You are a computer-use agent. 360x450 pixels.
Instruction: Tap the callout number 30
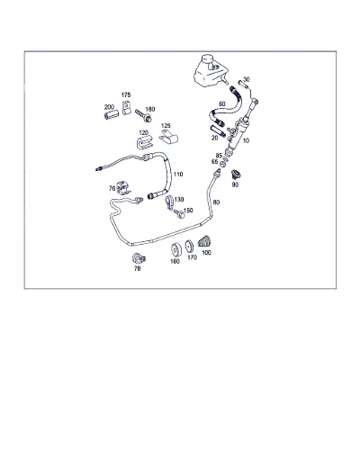(246, 79)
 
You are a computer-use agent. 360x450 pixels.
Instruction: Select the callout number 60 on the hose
(221, 104)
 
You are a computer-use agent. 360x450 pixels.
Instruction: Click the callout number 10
(246, 140)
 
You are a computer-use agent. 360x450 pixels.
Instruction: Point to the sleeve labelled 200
(112, 115)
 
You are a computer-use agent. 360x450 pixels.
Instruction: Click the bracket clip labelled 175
(126, 108)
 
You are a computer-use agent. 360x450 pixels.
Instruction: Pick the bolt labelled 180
(143, 116)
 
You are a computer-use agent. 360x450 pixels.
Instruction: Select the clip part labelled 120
(142, 142)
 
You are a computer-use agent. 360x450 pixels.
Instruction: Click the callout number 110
(178, 175)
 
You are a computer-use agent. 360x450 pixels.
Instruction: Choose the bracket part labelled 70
(123, 188)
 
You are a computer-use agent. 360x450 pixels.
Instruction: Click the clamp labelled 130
(168, 202)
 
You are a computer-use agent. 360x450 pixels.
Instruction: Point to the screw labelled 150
(179, 214)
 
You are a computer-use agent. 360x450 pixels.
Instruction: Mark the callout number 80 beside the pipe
(216, 202)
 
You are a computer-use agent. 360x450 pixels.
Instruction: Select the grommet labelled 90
(236, 175)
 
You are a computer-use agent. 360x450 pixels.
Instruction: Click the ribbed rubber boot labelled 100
(204, 242)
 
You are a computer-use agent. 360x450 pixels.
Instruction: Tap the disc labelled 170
(189, 247)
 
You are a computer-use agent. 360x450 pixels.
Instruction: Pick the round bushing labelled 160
(175, 249)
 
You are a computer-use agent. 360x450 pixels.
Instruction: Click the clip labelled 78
(139, 258)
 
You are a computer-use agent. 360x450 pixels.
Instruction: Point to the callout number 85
(219, 156)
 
